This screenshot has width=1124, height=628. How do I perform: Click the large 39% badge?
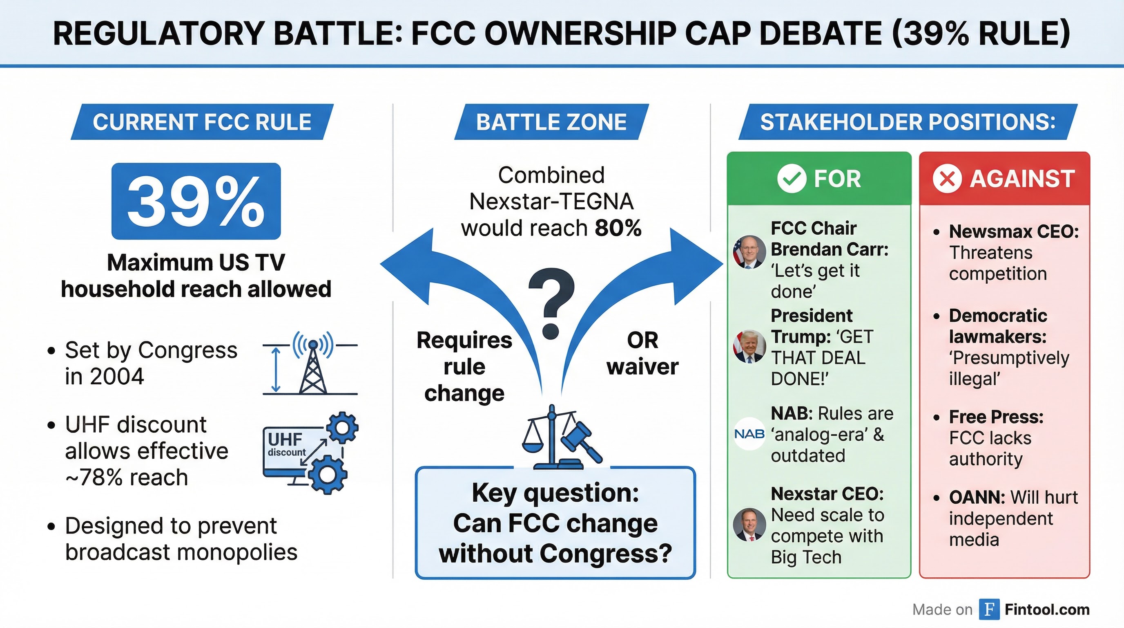[x=196, y=201]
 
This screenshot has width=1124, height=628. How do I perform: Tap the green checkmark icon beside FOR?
[x=792, y=179]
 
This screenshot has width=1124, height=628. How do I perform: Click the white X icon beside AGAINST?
[x=947, y=179]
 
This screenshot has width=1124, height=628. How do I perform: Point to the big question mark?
[x=551, y=303]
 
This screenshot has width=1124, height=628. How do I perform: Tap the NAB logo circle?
[x=749, y=434]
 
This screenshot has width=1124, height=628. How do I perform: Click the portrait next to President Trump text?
[x=749, y=346]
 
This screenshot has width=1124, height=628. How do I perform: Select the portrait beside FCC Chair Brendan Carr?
[x=749, y=252]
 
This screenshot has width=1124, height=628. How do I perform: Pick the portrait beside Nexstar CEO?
[x=749, y=525]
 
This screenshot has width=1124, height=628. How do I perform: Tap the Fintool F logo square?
[x=989, y=609]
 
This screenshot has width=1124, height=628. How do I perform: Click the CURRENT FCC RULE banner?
[x=202, y=122]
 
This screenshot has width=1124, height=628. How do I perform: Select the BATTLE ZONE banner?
[x=551, y=122]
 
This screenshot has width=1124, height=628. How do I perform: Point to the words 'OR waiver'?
[x=642, y=353]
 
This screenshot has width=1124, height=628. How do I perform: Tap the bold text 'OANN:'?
[x=977, y=498]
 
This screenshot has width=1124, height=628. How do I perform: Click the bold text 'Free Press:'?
[x=996, y=417]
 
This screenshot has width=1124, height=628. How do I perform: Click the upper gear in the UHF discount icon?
[x=343, y=428]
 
